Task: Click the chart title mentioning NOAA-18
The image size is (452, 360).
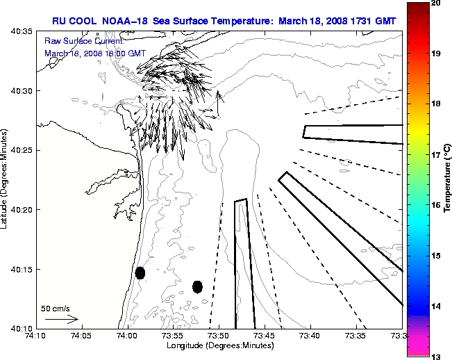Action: click(224, 21)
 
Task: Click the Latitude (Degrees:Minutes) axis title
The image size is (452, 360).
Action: click(6, 180)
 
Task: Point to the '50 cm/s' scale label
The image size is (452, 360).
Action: click(56, 308)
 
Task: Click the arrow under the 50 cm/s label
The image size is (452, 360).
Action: click(62, 319)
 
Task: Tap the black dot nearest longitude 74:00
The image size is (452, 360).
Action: click(140, 272)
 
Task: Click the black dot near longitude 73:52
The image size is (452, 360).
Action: click(197, 286)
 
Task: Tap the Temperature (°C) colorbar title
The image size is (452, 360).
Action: click(449, 180)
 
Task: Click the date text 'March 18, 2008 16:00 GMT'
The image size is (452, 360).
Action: click(94, 53)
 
